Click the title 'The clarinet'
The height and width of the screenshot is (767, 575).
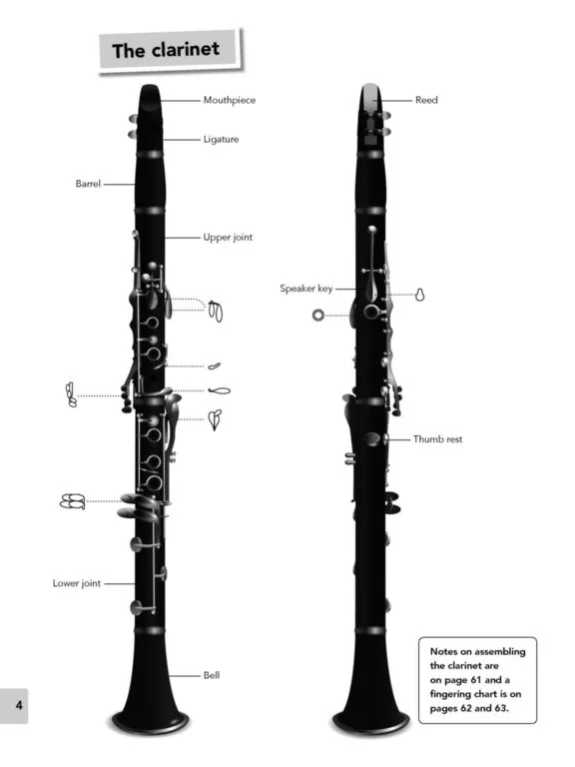166,50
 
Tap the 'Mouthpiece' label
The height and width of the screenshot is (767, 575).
230,100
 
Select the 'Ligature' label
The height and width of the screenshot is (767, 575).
221,140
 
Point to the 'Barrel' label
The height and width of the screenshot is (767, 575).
88,184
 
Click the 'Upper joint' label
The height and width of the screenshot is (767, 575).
228,238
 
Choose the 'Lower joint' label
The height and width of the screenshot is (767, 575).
77,583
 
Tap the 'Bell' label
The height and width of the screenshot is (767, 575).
212,675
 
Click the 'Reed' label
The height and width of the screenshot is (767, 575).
426,100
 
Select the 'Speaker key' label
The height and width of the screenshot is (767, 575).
306,289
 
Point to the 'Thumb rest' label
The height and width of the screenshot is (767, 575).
437,439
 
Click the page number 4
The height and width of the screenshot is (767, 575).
19,705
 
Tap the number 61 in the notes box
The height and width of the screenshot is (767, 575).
476,680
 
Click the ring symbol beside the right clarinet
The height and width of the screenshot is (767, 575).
318,316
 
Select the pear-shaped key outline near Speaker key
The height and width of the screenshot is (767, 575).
419,295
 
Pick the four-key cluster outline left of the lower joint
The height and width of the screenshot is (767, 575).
72,501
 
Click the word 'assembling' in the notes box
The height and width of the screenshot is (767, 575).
500,651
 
